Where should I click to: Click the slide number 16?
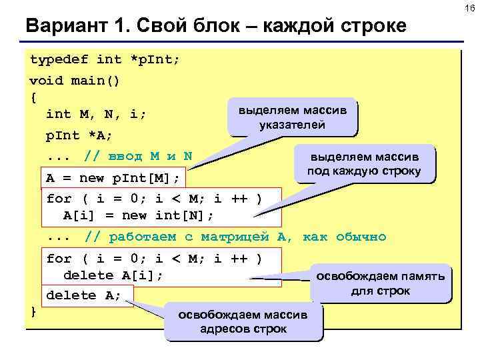point(470,8)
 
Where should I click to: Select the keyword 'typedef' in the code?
point(59,59)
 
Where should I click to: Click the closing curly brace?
point(33,311)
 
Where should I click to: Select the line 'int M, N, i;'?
point(96,114)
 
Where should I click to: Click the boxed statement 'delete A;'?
point(83,295)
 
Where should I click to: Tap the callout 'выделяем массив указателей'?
point(292,117)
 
